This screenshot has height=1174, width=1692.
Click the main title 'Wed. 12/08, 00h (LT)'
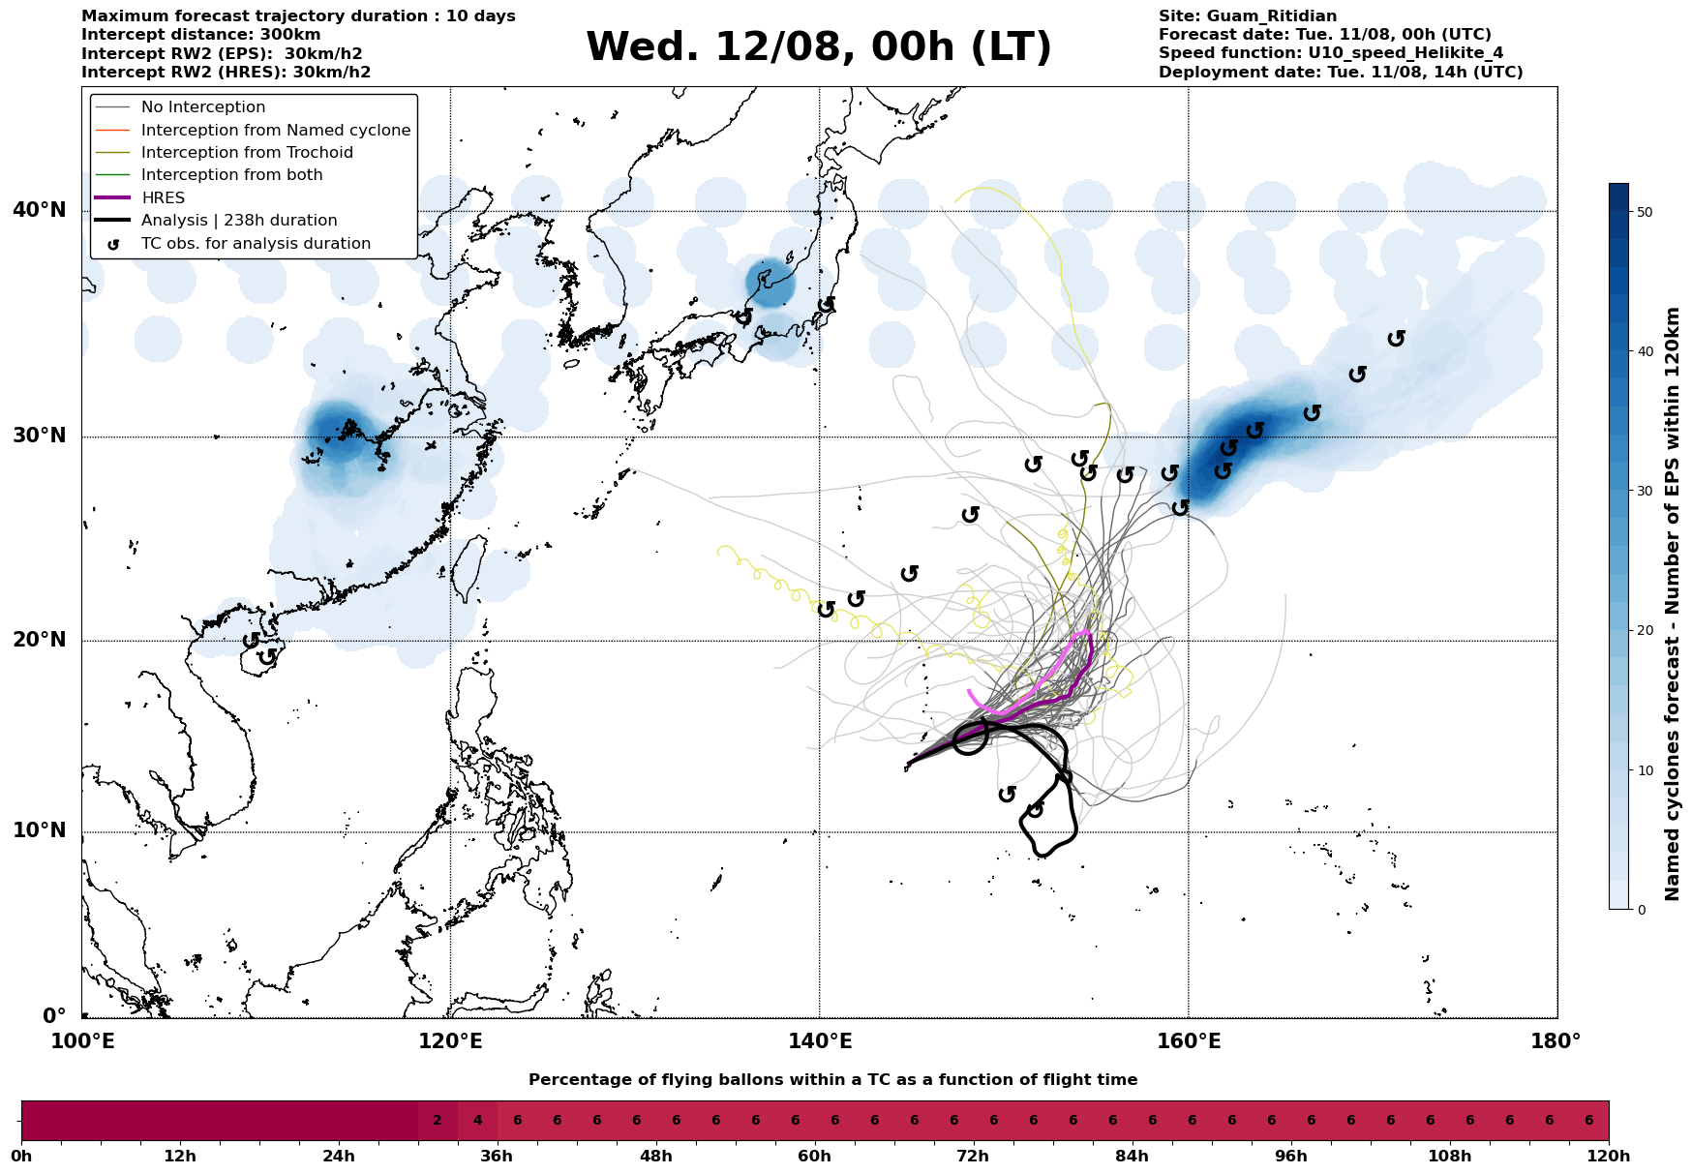[x=819, y=47]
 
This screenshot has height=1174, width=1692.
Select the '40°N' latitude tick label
[x=40, y=210]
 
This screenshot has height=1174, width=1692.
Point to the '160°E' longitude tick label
[x=1188, y=1041]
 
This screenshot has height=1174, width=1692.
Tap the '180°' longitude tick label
[x=1556, y=1041]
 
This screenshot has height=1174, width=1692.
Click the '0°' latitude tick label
[x=53, y=1016]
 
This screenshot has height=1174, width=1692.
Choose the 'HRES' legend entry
[x=163, y=197]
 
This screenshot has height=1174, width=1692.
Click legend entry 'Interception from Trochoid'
[x=247, y=153]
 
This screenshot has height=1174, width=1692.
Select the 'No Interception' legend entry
[x=203, y=107]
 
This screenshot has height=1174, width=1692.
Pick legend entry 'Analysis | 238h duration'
[x=239, y=221]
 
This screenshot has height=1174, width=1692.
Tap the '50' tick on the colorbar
[x=1643, y=212]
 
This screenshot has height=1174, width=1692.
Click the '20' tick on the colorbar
[x=1643, y=631]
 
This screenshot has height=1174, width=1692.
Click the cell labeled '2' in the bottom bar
[x=438, y=1121]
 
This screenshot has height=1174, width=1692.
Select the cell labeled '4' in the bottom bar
[x=477, y=1121]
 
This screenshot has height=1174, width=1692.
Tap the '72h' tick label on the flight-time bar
[x=973, y=1157]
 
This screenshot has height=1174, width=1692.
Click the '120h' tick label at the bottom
[x=1608, y=1157]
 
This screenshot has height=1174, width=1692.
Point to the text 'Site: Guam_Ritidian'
[x=1248, y=16]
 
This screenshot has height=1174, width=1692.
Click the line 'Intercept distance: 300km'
[x=201, y=35]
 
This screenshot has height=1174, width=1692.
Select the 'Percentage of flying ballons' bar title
[x=832, y=1080]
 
